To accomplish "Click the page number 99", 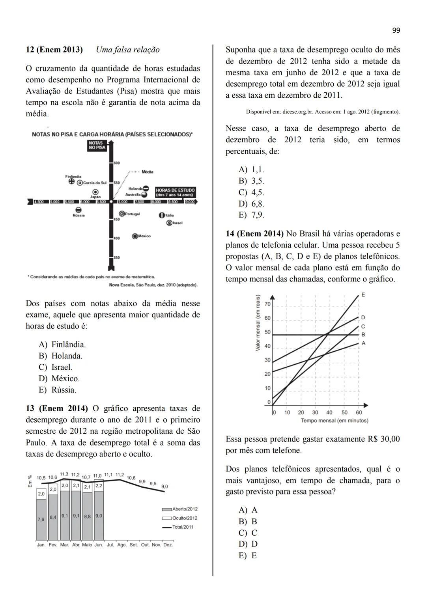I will [396, 30].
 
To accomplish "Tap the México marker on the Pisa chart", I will [135, 236].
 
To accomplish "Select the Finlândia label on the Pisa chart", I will [73, 176].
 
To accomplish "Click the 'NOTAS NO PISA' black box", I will [97, 145].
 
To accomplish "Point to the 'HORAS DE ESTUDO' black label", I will [175, 192].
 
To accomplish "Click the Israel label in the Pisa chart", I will [177, 223].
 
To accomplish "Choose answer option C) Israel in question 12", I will [55, 367].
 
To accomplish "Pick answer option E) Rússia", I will [57, 390].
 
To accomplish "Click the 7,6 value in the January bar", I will [41, 520].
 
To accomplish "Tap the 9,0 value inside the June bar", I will [99, 516].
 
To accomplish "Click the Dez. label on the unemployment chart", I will [168, 545].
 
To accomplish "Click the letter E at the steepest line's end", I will [363, 295].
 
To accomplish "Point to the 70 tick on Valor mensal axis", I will [267, 304].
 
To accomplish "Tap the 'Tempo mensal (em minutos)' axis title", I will [334, 421].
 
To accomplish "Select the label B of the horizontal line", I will [363, 335].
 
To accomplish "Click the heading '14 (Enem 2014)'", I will [254, 234].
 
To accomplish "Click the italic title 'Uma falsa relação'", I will [128, 50].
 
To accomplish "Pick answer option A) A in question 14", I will [248, 510].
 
